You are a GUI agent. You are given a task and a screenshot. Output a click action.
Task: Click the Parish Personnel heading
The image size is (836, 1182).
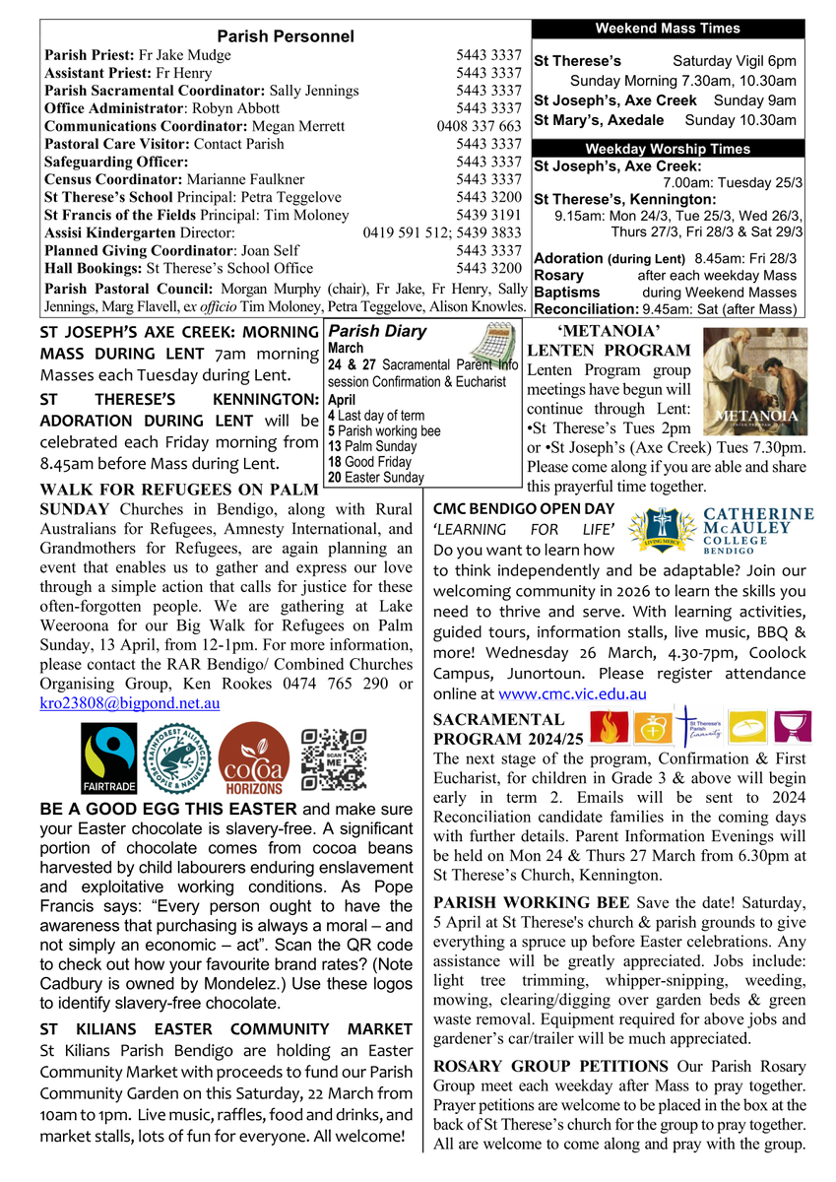coord(285,36)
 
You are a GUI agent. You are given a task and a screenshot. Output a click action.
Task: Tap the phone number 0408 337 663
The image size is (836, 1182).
coord(479,126)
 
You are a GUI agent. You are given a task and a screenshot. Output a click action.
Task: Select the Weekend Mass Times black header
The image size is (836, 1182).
coord(667,29)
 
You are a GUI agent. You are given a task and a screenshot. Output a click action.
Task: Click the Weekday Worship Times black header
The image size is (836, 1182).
coord(667,149)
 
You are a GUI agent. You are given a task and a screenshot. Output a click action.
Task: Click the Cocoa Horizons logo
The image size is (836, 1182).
coord(254,760)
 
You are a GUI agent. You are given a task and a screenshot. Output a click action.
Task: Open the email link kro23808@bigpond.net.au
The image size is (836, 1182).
coord(130,703)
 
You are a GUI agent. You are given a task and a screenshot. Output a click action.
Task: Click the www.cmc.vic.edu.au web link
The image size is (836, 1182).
coord(573,694)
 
